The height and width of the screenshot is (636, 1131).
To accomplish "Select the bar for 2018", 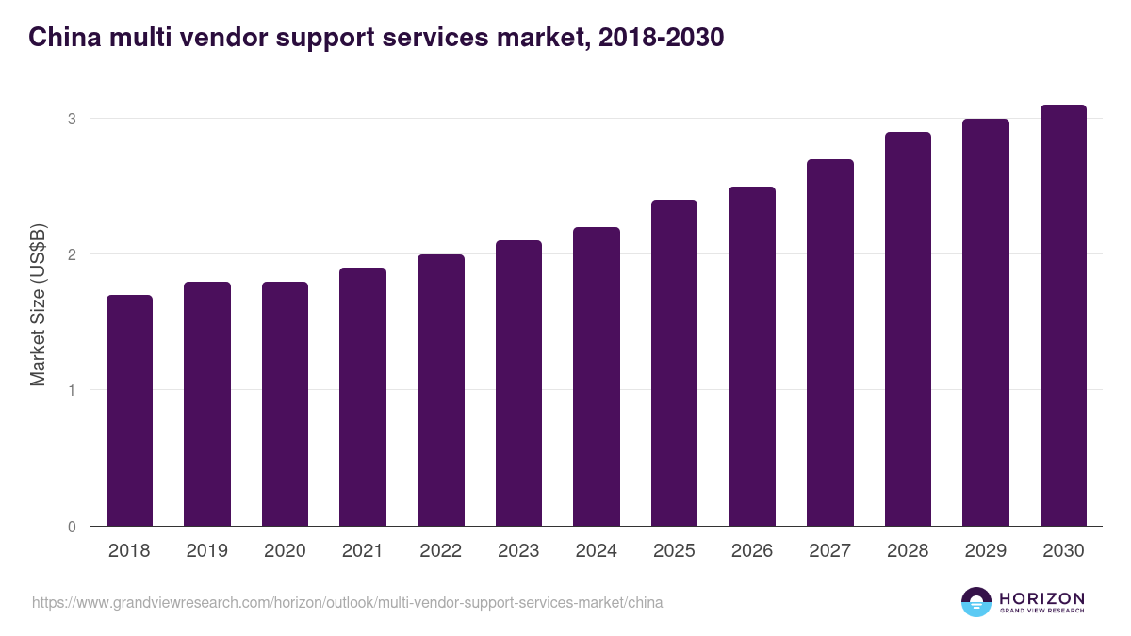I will [129, 410].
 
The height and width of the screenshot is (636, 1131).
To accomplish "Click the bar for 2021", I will [363, 397].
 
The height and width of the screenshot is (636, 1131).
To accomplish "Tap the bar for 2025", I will [674, 363].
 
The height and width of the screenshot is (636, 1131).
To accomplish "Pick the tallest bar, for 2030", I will [1063, 315].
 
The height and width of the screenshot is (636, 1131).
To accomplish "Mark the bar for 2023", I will [518, 383].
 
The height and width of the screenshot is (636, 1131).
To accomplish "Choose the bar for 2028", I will [908, 329].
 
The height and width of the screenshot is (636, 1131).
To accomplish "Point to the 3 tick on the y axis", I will [71, 119].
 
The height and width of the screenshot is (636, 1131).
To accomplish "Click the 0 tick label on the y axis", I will [71, 527].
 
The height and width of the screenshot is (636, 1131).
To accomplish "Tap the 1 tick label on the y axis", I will [71, 390].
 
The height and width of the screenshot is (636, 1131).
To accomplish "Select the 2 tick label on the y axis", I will [71, 254].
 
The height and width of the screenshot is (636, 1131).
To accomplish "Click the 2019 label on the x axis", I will [207, 551].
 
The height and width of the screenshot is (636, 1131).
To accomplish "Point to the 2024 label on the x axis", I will [596, 551].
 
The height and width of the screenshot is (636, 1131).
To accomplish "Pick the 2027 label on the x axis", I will [829, 551].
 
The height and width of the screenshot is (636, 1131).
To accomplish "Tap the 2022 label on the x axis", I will [440, 551].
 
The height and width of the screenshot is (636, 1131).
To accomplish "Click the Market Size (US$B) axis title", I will [38, 304].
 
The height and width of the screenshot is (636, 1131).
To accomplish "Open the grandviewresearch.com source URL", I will [348, 602].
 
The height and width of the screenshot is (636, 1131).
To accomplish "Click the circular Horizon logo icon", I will [976, 602].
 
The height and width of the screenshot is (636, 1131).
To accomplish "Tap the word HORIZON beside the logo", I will [1041, 597].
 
